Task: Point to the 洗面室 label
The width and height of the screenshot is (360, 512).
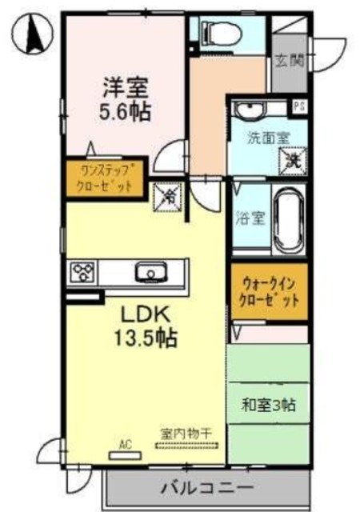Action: [266, 138]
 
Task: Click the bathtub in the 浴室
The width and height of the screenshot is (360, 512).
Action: [290, 218]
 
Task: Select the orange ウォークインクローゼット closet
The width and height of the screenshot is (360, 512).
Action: [269, 292]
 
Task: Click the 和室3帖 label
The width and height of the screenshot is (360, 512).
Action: [269, 405]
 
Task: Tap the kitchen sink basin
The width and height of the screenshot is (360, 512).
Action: [149, 273]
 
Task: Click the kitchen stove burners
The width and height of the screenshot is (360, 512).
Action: [82, 273]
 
